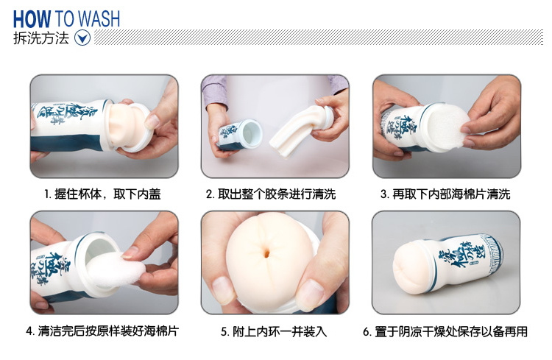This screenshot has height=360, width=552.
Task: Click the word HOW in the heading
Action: tap(32, 19)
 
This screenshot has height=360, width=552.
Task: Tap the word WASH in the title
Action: tap(99, 19)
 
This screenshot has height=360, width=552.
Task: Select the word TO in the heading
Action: tap(64, 19)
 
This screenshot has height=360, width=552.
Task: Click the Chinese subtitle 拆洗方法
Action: tap(41, 38)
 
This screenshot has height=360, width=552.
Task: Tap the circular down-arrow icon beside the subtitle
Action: tap(82, 38)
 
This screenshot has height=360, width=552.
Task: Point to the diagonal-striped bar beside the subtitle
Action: tap(319, 38)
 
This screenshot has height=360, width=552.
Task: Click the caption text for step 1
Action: tap(102, 194)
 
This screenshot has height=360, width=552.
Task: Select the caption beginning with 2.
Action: tap(271, 194)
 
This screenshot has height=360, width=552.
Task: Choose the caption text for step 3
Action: tap(445, 194)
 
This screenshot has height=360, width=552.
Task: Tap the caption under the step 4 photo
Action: tap(102, 331)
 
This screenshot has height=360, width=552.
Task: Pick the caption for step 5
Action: tap(274, 331)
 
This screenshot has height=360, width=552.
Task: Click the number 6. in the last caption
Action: tap(367, 332)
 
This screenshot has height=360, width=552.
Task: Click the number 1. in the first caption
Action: tap(48, 194)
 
